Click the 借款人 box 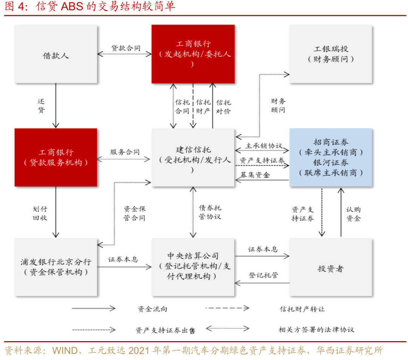tap(56, 54)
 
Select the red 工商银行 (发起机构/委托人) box tap(193, 54)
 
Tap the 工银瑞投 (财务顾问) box tap(331, 54)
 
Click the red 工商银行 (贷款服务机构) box tap(56, 157)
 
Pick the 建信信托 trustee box tap(193, 157)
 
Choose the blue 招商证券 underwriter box tap(331, 157)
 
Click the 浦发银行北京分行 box tap(56, 267)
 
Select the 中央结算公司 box tap(193, 267)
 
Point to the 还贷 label tap(41, 106)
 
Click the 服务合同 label tap(125, 152)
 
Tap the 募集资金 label tap(255, 175)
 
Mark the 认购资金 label tap(353, 214)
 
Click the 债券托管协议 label tap(210, 212)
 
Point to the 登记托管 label tap(263, 275)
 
